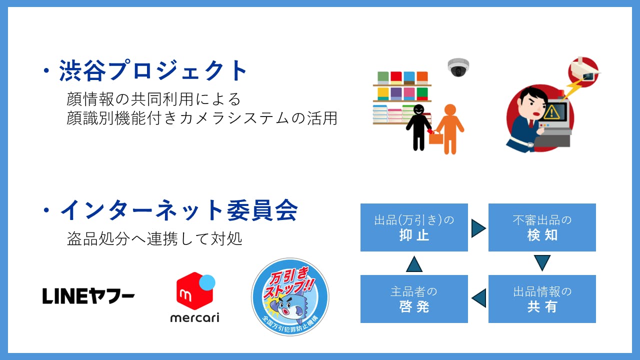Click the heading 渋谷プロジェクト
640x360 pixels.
point(153,70)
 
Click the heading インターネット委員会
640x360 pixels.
point(179,210)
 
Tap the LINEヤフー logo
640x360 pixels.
point(88,295)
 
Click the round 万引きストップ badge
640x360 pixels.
point(290,297)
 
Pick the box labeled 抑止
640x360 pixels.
point(414,227)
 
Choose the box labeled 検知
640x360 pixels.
point(542,227)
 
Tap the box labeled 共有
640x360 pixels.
point(542,299)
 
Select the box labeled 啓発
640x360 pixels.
point(414,299)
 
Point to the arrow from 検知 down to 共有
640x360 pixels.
point(542,262)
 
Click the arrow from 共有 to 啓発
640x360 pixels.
point(479,298)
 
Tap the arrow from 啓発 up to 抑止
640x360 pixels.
point(414,264)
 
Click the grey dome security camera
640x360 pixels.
point(458,67)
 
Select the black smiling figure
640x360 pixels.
point(419,127)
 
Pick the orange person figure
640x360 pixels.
point(450,129)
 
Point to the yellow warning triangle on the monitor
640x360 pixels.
point(551,112)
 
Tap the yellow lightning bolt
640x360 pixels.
point(572,89)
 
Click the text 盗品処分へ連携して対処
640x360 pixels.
point(154,238)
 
